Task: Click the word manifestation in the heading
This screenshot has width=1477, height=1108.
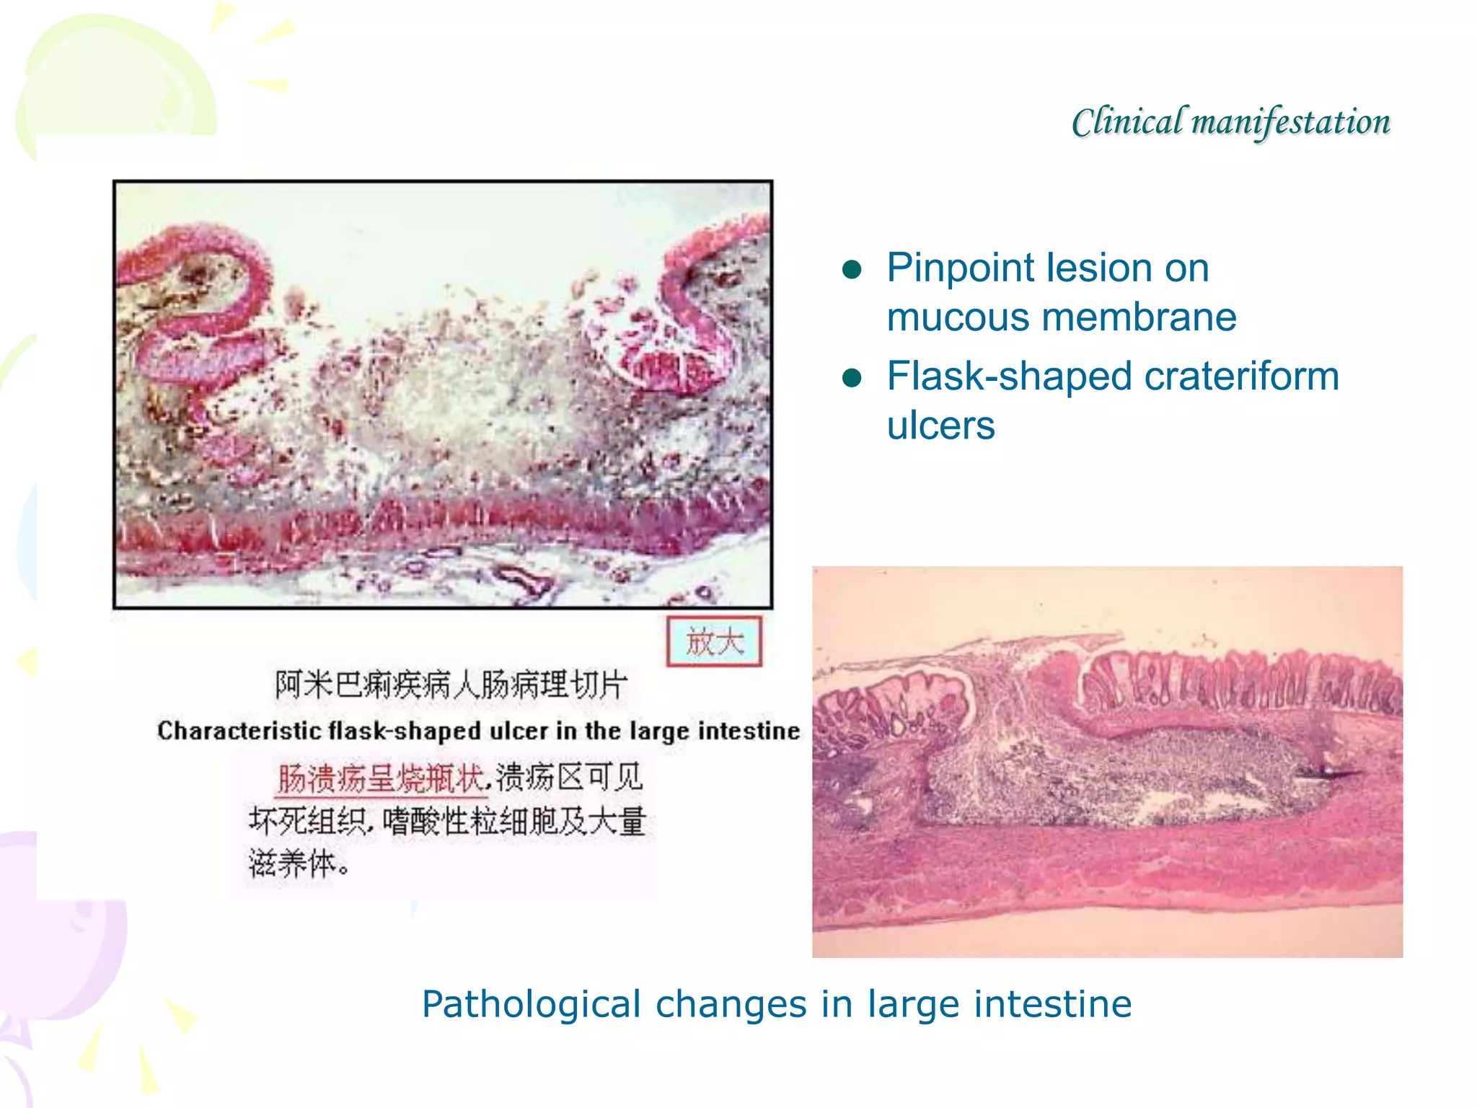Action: (1290, 121)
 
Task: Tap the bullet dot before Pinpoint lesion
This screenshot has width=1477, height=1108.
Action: (852, 270)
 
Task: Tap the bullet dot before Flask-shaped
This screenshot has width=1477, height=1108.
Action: (852, 378)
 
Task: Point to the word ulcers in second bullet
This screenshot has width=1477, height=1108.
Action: (940, 426)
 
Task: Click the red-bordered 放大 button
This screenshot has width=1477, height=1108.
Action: (713, 641)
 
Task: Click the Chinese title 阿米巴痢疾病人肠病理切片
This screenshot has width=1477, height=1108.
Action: (451, 685)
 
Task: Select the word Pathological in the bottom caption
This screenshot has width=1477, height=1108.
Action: (531, 1004)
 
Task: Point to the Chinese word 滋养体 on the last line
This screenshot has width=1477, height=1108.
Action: (292, 863)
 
